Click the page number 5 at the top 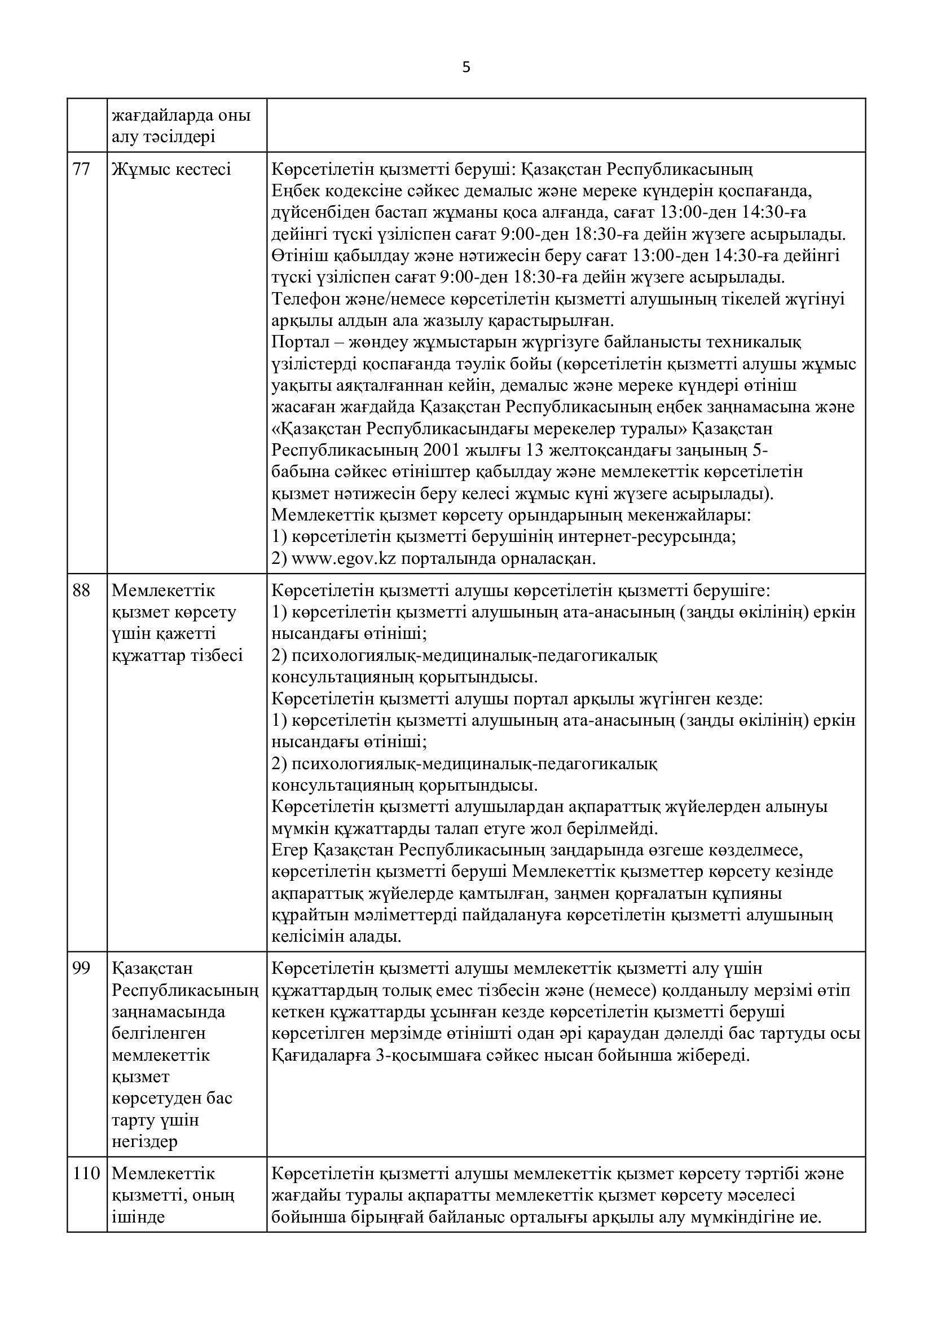466,68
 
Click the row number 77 82,170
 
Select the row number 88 82,590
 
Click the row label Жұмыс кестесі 171,170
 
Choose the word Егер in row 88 289,850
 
